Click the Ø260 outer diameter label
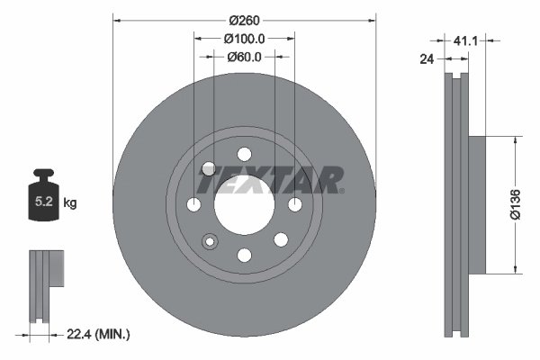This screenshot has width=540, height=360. pos(244,20)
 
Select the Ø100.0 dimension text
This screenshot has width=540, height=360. pos(244,39)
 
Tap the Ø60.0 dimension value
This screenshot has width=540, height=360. pos(244,57)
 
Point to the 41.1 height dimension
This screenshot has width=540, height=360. pos(465,40)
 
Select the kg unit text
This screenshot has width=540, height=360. pos(70,203)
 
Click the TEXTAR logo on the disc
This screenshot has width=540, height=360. pos(269,180)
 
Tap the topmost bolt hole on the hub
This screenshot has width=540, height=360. pos(244,152)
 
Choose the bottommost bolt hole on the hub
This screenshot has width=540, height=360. pos(244,255)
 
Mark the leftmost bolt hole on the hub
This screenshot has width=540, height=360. pos(193,206)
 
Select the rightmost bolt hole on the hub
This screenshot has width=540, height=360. pos(295,206)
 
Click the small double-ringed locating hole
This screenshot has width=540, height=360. pos(211,241)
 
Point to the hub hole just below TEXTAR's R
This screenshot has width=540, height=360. pos(280,238)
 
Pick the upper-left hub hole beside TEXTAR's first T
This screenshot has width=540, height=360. pos(209,168)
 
